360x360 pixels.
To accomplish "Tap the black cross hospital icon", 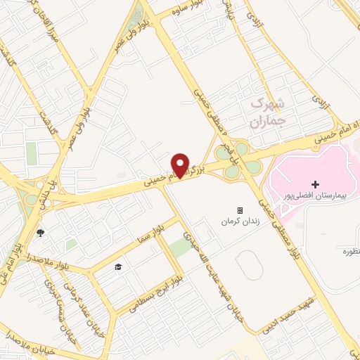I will [x=315, y=184].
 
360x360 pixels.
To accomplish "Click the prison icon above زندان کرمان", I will [x=239, y=210].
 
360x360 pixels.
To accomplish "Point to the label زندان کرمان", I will [x=236, y=221].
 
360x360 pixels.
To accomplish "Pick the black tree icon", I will [x=40, y=233].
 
